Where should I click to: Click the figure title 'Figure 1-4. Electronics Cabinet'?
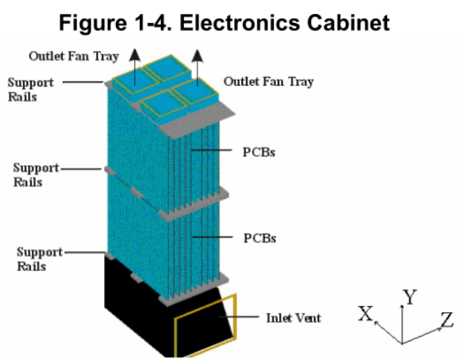click(233, 22)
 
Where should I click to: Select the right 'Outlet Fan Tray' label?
click(268, 81)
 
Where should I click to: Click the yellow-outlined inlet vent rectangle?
click(205, 325)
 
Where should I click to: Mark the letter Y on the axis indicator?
click(411, 298)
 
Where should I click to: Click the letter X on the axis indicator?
click(365, 314)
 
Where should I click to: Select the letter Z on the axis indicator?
click(447, 320)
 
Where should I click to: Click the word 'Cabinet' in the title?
click(349, 22)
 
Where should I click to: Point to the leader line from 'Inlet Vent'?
click(247, 318)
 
